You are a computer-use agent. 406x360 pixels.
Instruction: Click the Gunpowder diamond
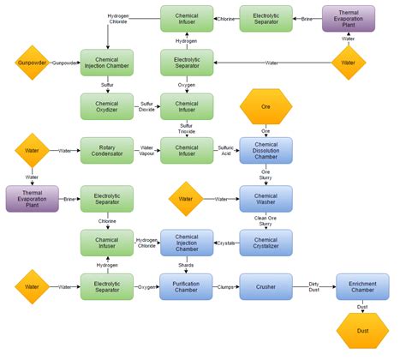coord(32,63)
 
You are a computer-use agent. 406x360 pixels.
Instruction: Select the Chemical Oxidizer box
coord(106,106)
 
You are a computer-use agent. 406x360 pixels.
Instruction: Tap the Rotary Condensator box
coord(106,151)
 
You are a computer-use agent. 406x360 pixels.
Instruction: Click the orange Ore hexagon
coord(265,107)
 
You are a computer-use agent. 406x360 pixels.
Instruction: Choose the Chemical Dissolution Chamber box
coord(265,151)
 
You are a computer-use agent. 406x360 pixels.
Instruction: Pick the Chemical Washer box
coord(265,198)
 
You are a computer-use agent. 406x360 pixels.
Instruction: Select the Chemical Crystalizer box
coord(265,243)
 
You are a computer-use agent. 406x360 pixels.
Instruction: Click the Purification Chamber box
coord(187,287)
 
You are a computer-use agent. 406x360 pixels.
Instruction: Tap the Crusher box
coord(265,287)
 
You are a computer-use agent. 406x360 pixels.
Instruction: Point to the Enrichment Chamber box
coord(362,287)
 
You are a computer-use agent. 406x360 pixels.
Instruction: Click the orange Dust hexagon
coord(362,331)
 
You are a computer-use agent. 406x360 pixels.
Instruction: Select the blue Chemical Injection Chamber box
coord(187,243)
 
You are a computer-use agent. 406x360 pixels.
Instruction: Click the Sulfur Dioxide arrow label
coord(146,106)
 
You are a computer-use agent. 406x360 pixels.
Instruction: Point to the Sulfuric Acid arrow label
coord(226,151)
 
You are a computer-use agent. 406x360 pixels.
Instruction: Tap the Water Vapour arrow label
coord(146,151)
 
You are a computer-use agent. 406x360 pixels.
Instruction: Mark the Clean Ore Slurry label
coord(265,221)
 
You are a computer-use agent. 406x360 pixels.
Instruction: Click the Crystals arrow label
coord(226,243)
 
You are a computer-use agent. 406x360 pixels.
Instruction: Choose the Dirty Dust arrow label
coord(313,287)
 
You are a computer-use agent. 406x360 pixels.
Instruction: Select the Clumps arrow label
coord(226,287)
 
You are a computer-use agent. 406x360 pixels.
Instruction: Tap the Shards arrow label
coord(187,265)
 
